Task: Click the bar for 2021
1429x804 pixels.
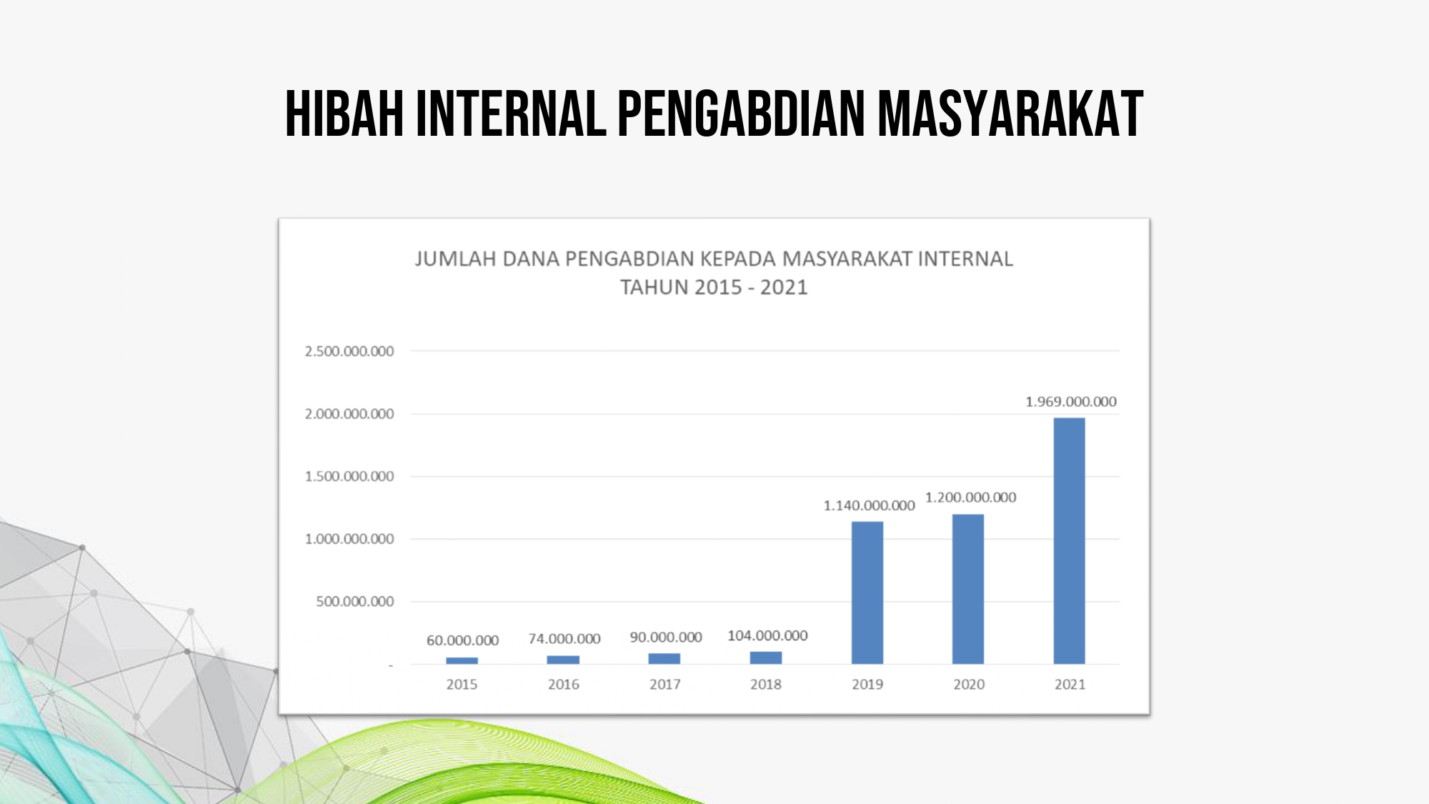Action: [x=1069, y=541]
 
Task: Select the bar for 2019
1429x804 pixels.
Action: [x=867, y=592]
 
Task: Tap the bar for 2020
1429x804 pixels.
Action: [x=968, y=589]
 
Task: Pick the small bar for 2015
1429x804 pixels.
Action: [x=462, y=660]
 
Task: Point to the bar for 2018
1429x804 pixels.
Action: [x=766, y=657]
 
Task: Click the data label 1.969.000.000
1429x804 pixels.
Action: [x=1071, y=402]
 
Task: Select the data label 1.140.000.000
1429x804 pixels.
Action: [x=869, y=505]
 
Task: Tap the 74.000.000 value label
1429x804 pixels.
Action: [x=564, y=638]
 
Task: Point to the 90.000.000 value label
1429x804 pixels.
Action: [x=666, y=637]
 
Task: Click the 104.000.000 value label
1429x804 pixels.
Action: [x=767, y=635]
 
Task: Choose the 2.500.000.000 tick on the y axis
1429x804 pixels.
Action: [x=349, y=351]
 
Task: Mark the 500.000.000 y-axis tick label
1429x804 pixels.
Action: [x=355, y=601]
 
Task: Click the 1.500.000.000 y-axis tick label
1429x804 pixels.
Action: [x=349, y=476]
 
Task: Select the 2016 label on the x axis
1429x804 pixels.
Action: [x=564, y=684]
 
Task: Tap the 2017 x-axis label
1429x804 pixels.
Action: [x=665, y=684]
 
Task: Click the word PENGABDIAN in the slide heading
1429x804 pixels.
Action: [x=741, y=113]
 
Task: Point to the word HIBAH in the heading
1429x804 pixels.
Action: [x=344, y=113]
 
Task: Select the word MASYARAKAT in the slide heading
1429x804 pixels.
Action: [x=1011, y=113]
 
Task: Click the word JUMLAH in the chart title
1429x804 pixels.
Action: [x=455, y=259]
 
